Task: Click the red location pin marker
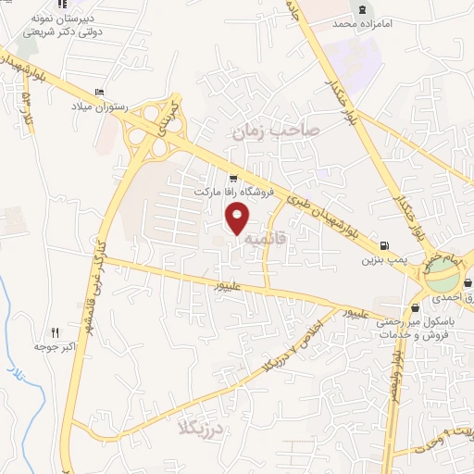tap(239, 219)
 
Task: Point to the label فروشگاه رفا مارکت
tap(231, 193)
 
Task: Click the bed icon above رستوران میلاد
tap(99, 91)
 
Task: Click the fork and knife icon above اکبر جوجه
tap(55, 332)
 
